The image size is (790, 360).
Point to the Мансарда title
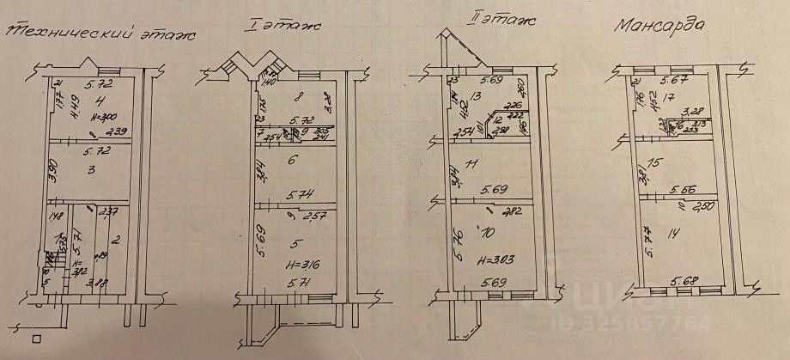[x=661, y=24]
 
